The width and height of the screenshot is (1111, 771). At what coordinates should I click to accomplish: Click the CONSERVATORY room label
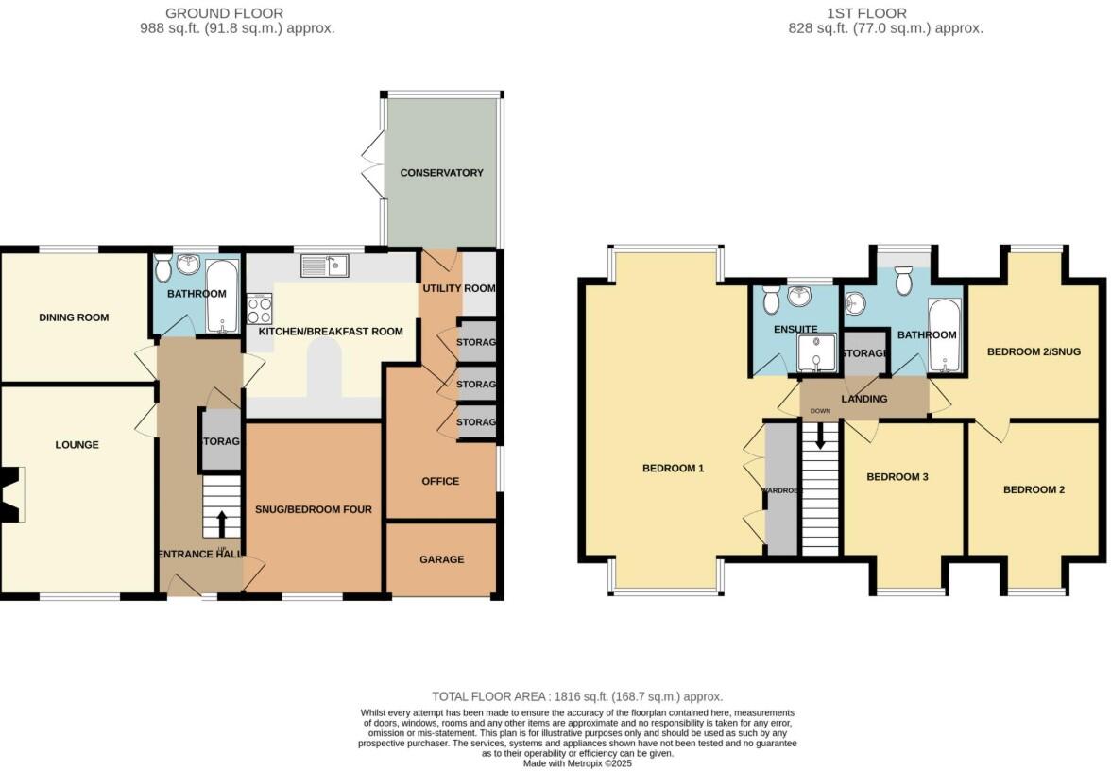coord(441,173)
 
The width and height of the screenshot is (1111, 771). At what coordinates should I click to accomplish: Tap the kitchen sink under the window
coord(325,266)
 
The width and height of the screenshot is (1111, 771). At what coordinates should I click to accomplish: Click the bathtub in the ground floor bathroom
coord(224,297)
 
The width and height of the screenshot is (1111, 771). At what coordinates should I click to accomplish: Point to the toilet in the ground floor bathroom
coord(163,271)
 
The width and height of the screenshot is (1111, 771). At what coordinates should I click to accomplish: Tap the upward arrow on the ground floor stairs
coord(222,523)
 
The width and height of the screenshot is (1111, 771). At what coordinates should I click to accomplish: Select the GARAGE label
coord(441,559)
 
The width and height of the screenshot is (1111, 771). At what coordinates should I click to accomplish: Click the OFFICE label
coord(440,481)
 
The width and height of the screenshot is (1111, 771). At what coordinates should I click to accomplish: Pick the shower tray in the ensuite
coord(813,353)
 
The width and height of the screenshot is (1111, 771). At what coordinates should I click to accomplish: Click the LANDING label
coord(864,399)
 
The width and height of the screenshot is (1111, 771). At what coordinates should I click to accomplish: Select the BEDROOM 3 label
coord(897,477)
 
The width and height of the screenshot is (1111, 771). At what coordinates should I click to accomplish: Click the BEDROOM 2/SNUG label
coord(1033,351)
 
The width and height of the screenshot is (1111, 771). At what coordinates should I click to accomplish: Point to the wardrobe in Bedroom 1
coord(780,489)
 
